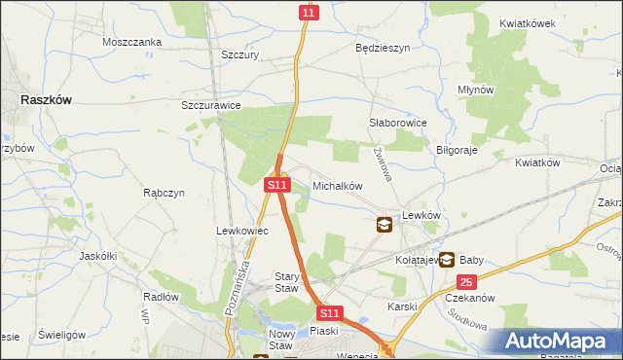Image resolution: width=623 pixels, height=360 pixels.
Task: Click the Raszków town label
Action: coord(50,99)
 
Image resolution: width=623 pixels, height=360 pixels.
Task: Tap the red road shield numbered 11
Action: coord(308,12)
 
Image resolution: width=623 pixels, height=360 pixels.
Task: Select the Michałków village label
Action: coord(338,185)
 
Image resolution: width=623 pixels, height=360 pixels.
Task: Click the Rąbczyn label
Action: coord(164,193)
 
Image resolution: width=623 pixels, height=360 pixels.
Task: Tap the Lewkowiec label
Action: coord(241,231)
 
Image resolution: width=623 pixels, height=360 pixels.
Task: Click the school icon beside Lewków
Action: coord(385,225)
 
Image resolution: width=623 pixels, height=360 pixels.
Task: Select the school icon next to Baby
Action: coord(446,259)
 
